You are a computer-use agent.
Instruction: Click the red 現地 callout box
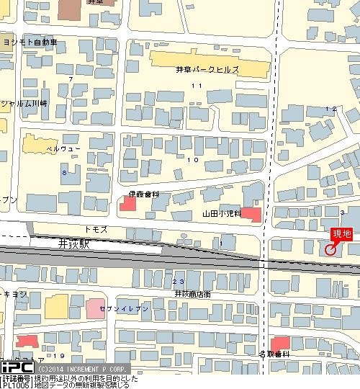[x=341, y=234]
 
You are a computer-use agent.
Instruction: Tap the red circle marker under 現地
[x=330, y=250]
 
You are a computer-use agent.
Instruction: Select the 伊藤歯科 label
[x=143, y=194]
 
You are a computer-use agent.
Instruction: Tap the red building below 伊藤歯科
[x=127, y=205]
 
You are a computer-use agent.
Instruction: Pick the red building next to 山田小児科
[x=251, y=214]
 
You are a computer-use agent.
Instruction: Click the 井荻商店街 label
[x=192, y=294]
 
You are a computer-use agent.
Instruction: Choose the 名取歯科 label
[x=274, y=354]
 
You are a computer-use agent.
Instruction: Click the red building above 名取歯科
[x=279, y=343]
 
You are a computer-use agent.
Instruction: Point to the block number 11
[x=196, y=86]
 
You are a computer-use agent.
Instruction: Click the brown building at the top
[x=71, y=9]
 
